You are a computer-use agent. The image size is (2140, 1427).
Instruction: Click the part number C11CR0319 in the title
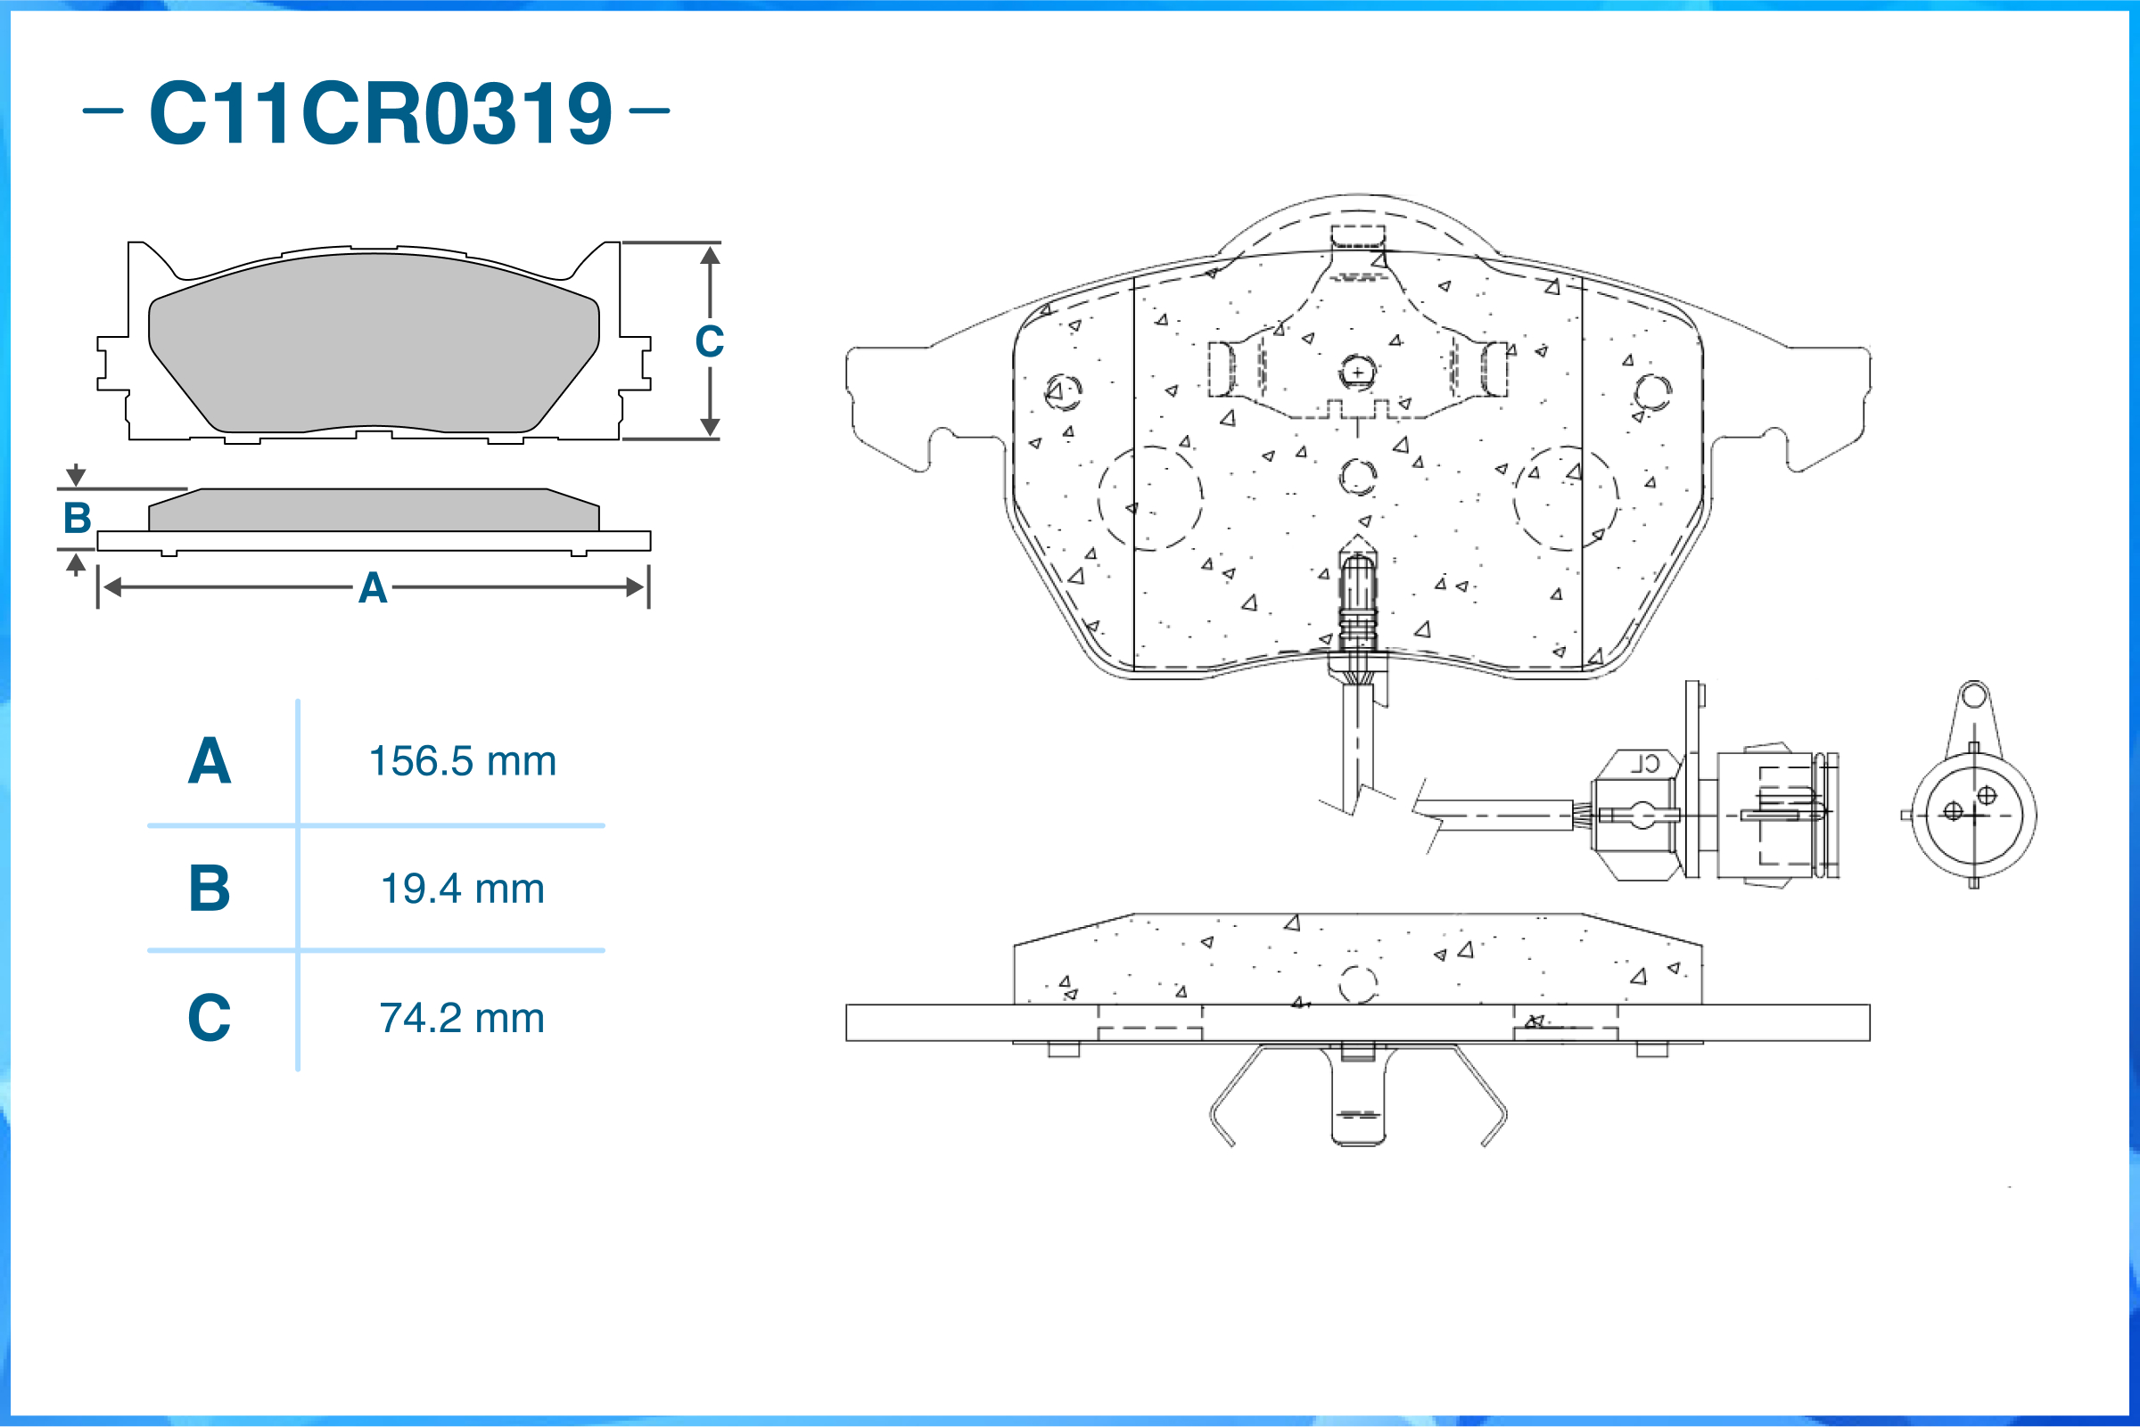[x=381, y=112]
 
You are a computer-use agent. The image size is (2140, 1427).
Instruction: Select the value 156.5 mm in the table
[x=463, y=761]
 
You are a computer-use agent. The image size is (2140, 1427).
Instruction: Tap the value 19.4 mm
[x=463, y=889]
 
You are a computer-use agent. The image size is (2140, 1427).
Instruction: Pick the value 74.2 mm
[x=463, y=1018]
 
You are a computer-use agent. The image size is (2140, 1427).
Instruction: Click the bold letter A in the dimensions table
[x=210, y=761]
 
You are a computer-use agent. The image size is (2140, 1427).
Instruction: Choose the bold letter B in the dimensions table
[x=210, y=889]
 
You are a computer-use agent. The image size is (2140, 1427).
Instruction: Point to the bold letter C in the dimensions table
[x=210, y=1018]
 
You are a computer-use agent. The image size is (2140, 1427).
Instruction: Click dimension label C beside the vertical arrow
[x=710, y=341]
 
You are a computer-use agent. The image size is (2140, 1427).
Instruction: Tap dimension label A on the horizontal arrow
[x=373, y=588]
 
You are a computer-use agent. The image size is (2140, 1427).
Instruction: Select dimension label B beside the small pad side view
[x=78, y=518]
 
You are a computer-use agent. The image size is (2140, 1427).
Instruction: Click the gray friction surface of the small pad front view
[x=374, y=342]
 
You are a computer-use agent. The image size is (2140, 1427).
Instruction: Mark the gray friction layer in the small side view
[x=374, y=510]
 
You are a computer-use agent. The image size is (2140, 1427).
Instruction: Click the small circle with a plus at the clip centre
[x=1357, y=373]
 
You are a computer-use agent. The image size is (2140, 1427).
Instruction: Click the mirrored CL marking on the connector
[x=1644, y=764]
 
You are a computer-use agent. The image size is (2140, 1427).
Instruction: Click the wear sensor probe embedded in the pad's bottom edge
[x=1357, y=601]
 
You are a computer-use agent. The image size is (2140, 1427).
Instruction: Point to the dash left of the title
[x=103, y=111]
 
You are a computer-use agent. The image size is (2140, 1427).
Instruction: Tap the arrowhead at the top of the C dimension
[x=710, y=255]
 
